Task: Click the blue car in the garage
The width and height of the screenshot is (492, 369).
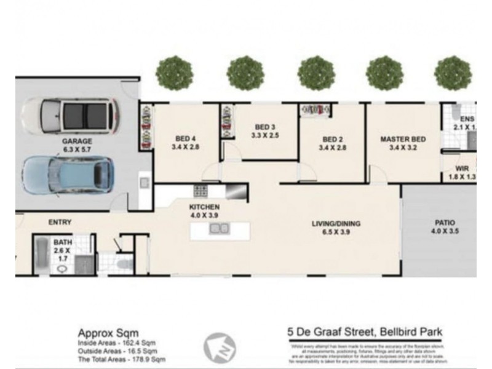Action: (x=68, y=175)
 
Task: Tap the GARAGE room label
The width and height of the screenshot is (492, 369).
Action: (x=77, y=141)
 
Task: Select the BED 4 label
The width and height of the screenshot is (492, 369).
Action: (x=185, y=138)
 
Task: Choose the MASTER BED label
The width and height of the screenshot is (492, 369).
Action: (x=403, y=139)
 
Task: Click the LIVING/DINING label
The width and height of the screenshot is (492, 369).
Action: (x=335, y=223)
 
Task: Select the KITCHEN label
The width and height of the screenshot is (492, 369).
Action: (x=204, y=207)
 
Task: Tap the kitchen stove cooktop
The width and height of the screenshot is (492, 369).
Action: (x=200, y=191)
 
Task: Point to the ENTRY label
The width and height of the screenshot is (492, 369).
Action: (x=60, y=222)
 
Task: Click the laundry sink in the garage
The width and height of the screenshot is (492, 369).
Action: (x=143, y=183)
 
